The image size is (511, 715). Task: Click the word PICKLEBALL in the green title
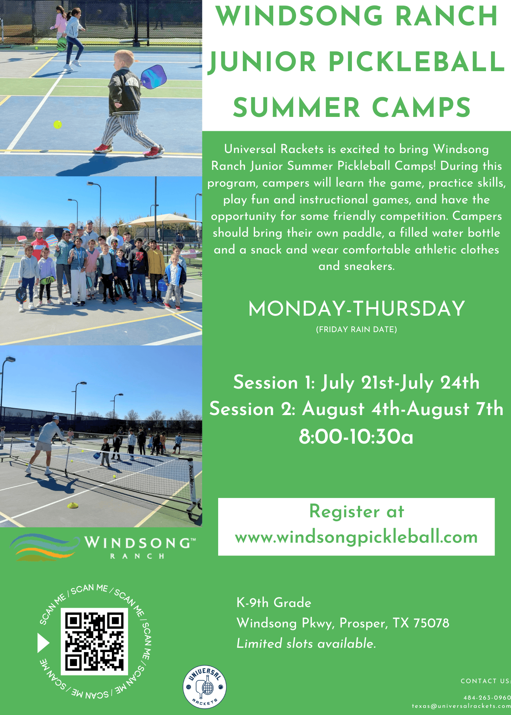(x=417, y=61)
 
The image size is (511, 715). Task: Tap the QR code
(x=94, y=642)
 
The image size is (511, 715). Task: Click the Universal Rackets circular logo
(x=205, y=687)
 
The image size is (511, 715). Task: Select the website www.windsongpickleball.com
(x=356, y=537)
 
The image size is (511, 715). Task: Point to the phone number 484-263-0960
(x=487, y=697)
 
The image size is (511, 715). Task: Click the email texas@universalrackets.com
(x=461, y=706)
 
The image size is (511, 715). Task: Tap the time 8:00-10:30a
(x=356, y=437)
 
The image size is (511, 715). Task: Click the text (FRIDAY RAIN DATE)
(x=357, y=329)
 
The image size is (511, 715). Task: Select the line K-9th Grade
(x=274, y=603)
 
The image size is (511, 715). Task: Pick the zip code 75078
(x=431, y=623)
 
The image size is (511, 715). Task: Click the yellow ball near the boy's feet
(x=58, y=124)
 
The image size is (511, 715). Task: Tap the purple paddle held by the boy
(x=153, y=76)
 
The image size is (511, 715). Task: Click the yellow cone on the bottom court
(x=73, y=505)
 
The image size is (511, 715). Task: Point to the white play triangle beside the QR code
(x=43, y=643)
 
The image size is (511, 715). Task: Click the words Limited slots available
(x=306, y=643)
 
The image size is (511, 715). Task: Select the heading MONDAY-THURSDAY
(x=357, y=309)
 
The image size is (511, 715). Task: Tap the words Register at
(x=357, y=511)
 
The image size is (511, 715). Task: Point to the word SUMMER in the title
(x=296, y=107)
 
